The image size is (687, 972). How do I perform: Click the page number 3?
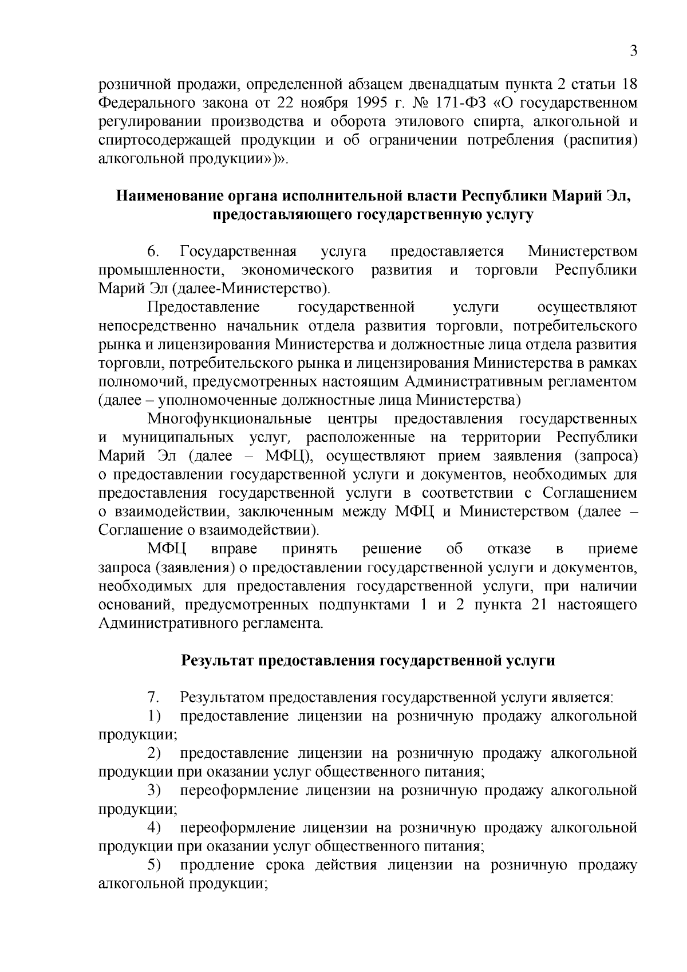tap(633, 51)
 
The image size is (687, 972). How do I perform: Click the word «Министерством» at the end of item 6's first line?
tap(582, 251)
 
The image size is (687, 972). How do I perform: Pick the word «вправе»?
tap(234, 549)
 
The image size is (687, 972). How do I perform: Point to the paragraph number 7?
tap(152, 698)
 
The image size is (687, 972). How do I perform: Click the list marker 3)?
tap(154, 790)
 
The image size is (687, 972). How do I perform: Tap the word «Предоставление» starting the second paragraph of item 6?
tap(204, 308)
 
